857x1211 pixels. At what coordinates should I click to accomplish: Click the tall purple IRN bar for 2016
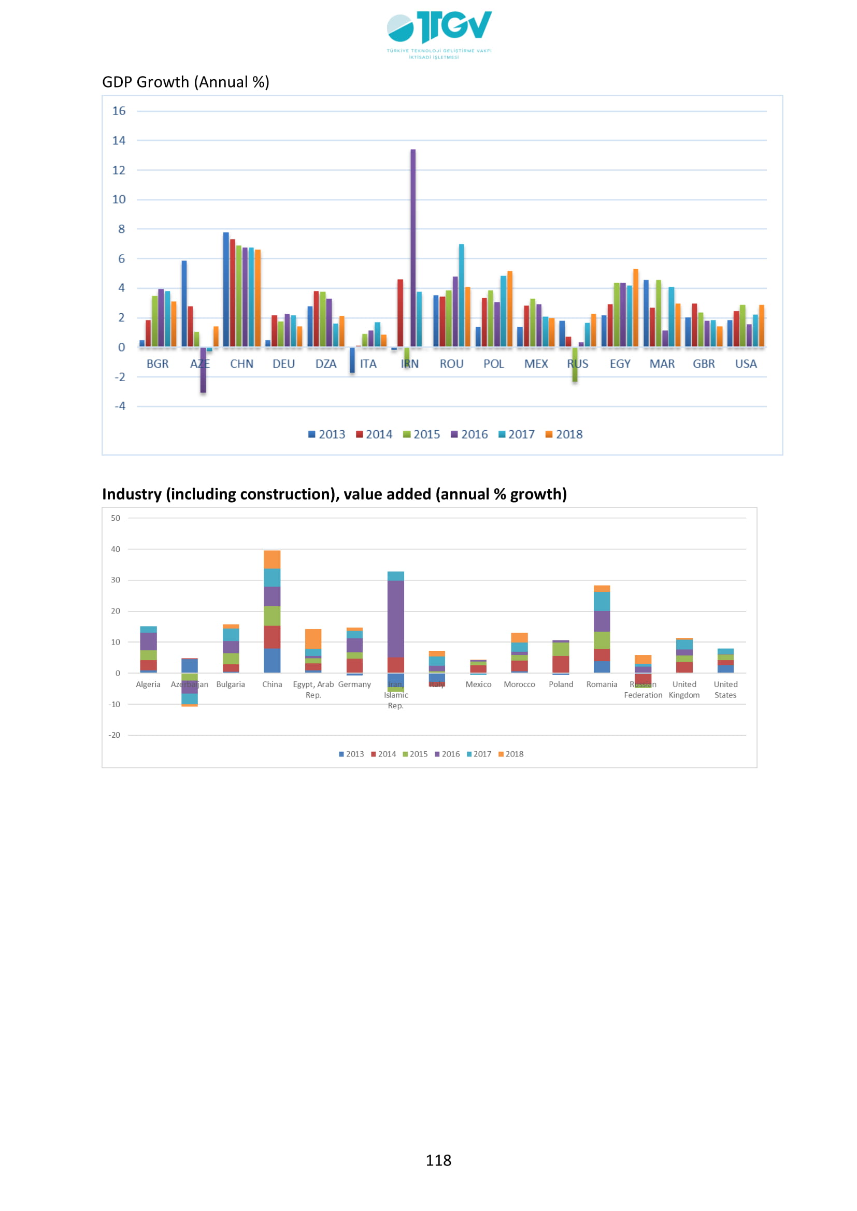[412, 248]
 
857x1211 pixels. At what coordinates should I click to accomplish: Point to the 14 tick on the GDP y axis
[119, 141]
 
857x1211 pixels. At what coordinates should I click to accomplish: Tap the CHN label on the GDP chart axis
[241, 364]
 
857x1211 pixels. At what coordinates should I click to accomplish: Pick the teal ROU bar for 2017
[461, 295]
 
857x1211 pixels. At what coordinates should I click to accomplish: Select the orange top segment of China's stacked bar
[272, 559]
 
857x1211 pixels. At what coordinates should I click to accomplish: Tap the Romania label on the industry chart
[602, 684]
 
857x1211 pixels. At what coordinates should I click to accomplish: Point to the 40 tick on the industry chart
[116, 549]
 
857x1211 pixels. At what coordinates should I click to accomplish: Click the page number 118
[438, 1160]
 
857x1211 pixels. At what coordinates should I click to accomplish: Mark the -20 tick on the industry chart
[115, 735]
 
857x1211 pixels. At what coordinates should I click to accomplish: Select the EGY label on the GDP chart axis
[620, 364]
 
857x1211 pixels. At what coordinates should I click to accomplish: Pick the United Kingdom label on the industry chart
[684, 689]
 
